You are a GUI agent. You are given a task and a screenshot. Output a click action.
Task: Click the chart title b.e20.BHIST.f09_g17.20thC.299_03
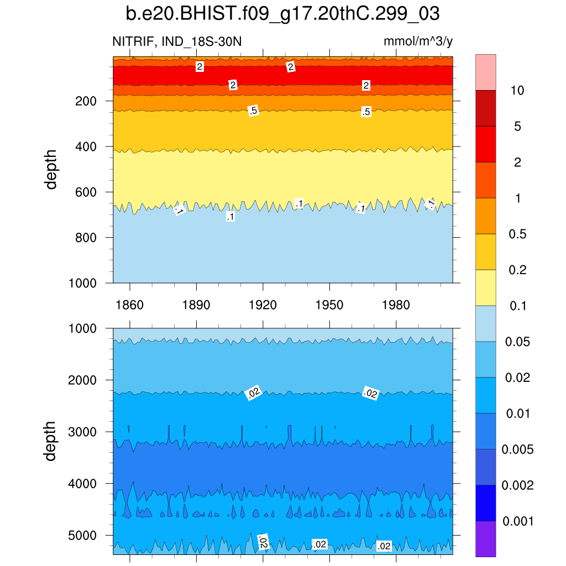point(282,14)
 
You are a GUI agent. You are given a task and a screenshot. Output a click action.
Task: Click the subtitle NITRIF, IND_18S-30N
point(177,42)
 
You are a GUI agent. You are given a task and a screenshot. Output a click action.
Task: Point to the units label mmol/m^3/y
point(418,42)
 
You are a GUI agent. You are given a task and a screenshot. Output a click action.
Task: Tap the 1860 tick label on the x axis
point(129,305)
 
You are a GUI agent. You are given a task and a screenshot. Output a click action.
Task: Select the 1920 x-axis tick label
point(263,305)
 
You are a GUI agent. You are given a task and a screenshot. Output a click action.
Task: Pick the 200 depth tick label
point(86,101)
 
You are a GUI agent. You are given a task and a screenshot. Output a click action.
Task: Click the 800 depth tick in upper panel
point(86,238)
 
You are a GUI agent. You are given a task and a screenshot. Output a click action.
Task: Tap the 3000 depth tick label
point(83,432)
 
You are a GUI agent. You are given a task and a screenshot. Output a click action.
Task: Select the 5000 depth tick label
point(83,536)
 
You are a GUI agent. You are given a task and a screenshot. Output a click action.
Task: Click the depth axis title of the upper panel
point(51,170)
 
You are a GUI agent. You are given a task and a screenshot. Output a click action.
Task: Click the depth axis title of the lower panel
point(51,441)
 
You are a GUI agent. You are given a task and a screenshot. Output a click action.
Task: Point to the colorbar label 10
point(517,91)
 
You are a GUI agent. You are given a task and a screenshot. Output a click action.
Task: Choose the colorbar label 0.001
point(517,521)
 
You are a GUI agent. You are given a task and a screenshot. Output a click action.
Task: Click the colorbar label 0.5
point(517,234)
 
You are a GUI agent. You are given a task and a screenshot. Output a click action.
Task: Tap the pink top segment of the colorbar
point(485,72)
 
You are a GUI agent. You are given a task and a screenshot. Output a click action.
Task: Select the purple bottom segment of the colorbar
point(485,539)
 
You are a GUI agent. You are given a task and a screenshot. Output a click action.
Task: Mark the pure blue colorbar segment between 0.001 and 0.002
point(485,503)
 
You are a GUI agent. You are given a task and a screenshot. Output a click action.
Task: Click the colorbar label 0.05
point(517,342)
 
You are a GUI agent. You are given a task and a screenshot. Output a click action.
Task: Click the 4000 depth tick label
point(83,484)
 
